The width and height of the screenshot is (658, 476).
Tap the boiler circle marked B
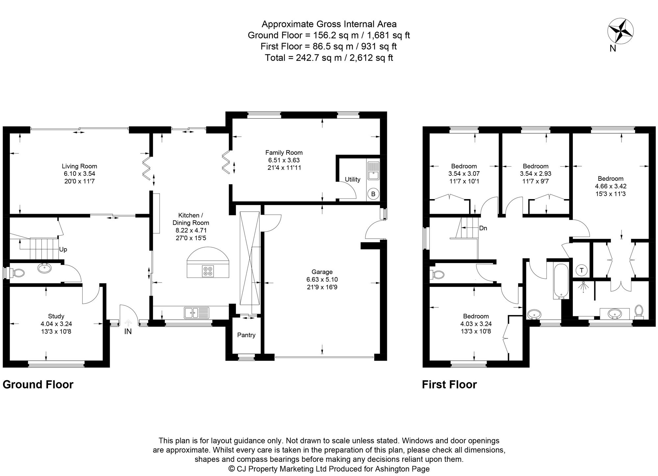click(373, 194)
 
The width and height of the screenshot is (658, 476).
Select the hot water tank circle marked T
click(582, 271)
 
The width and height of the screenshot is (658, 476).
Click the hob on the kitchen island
click(208, 271)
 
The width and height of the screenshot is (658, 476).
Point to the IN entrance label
click(128, 332)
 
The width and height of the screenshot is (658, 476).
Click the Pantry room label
click(246, 335)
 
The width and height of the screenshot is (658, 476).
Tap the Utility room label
click(352, 179)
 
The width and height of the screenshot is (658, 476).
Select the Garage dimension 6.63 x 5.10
click(322, 279)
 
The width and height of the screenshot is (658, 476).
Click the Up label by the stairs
click(63, 250)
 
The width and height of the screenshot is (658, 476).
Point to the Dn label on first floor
click(483, 228)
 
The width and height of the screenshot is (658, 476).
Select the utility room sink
click(373, 171)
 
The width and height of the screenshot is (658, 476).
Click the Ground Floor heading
click(38, 384)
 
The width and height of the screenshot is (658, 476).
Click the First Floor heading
click(449, 384)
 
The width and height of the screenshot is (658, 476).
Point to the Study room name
click(56, 316)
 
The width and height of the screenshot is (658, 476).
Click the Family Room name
click(284, 152)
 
